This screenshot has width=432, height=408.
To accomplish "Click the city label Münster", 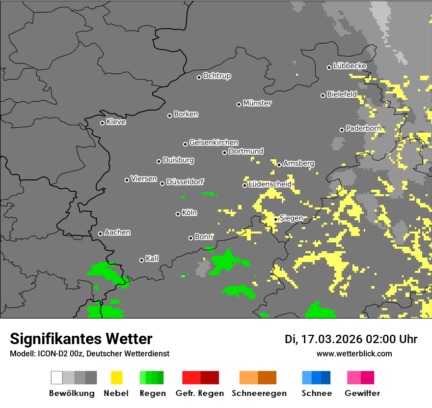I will coord(257,103).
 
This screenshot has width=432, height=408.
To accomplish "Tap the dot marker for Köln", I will coord(178,214).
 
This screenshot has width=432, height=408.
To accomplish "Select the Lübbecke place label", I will coord(350,66).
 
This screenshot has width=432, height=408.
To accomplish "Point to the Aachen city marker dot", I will coord(100,233).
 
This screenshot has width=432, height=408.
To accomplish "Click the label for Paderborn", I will coord(363,129).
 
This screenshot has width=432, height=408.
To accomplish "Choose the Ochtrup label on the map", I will coord(217,76).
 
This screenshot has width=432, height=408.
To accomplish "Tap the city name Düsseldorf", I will coord(185,182).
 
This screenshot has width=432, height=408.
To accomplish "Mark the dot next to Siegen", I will coord(276,219).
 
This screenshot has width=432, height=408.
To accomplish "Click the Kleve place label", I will coord(116,122).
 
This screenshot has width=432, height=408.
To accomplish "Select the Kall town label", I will coord(152,259).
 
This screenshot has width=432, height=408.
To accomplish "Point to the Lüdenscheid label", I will coord(270,184).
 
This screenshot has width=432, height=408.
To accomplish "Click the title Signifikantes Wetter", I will coord(81,339).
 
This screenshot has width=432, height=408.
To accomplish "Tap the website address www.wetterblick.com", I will coord(354,353).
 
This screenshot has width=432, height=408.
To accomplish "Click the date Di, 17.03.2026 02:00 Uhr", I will coord(351,339).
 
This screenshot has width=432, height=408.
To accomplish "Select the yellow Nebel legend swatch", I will coord(116,378).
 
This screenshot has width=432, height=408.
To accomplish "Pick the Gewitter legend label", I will coord(362,393).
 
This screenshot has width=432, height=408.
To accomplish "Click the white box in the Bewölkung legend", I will coord(57,378).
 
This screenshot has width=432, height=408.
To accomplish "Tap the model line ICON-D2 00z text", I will coord(89,353).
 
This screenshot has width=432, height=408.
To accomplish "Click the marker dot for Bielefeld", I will coord(323,95).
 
